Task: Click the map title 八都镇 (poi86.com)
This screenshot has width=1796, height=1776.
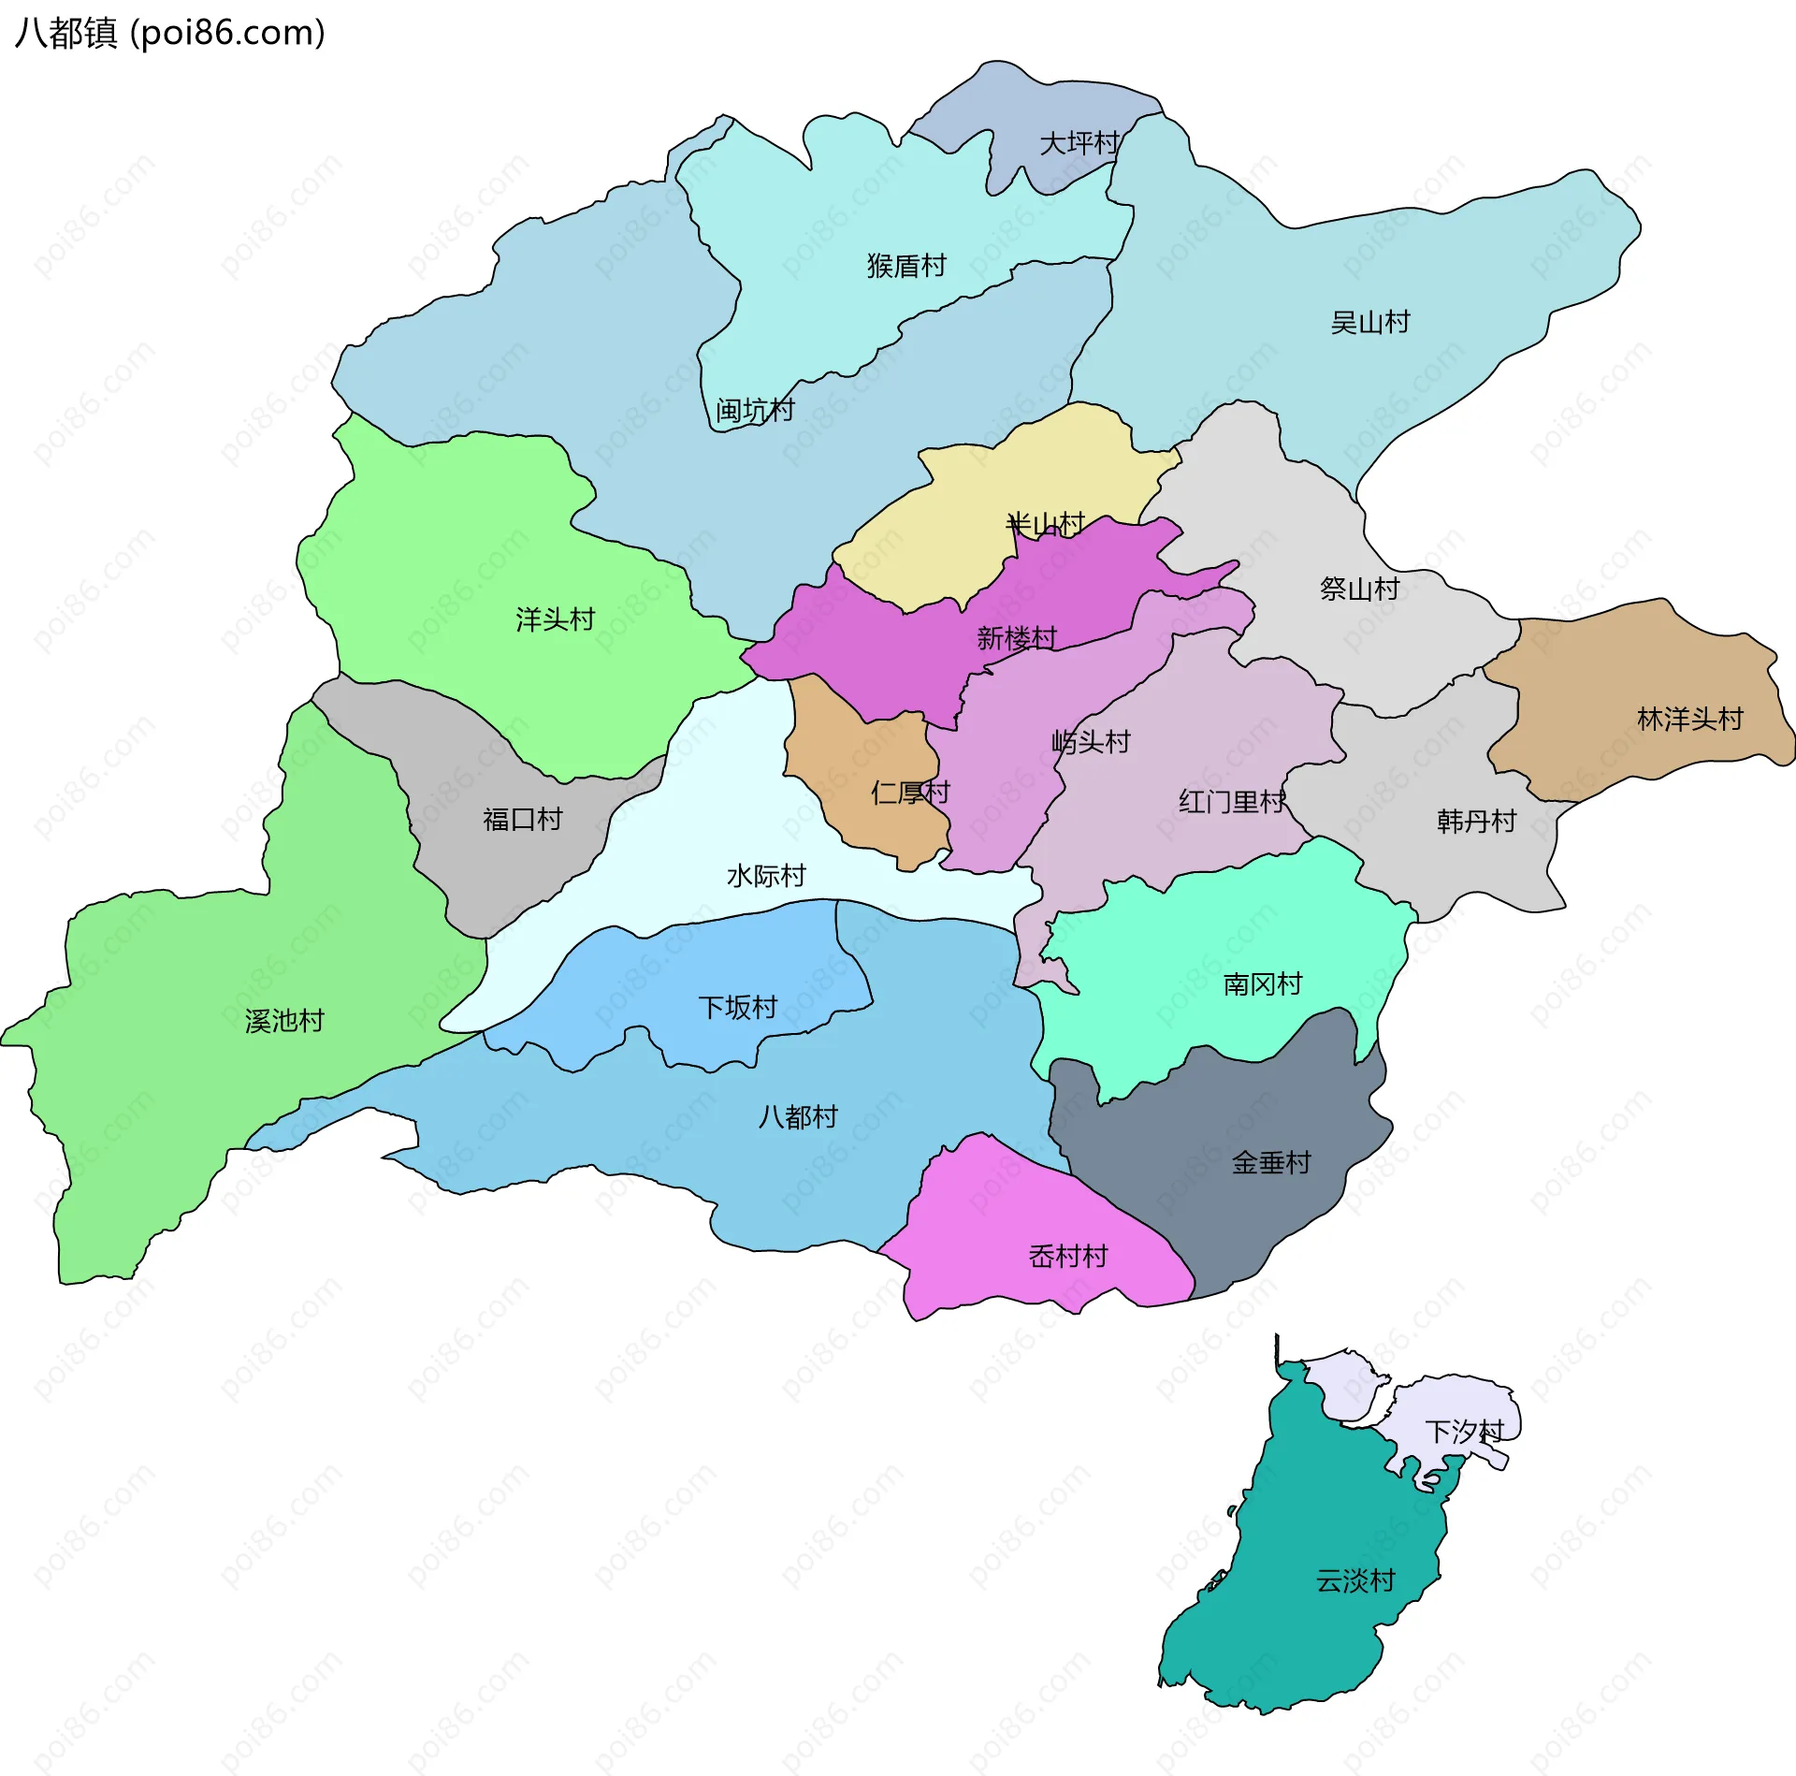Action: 170,33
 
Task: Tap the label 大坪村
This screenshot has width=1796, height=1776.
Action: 1079,143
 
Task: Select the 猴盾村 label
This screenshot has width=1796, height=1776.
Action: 906,266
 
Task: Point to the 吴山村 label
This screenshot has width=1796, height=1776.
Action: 1370,323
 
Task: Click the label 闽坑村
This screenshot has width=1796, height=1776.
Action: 755,410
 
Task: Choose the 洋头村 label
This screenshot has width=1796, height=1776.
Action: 556,619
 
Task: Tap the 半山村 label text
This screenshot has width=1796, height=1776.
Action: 1046,524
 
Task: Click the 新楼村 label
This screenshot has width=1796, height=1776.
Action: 1017,638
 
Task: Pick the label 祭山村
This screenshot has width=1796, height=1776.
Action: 1359,589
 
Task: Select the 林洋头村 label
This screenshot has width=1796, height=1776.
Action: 1690,719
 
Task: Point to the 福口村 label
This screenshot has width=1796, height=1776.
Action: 523,820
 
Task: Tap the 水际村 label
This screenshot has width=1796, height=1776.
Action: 766,876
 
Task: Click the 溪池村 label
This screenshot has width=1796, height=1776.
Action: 284,1021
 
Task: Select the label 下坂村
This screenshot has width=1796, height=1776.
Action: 738,1008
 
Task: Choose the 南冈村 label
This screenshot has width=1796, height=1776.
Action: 1263,984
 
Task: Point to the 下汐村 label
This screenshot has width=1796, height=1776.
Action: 1464,1431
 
